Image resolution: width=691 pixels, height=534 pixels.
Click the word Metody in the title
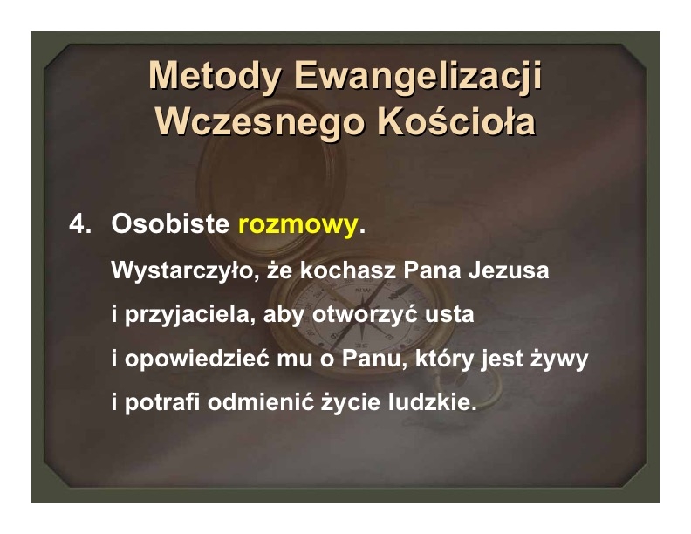[x=215, y=76]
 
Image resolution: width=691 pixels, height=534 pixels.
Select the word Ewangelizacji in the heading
[x=418, y=76]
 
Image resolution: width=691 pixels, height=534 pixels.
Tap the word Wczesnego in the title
[x=260, y=122]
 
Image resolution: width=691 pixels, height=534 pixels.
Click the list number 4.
[x=80, y=224]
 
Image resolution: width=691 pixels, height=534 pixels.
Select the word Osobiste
[x=170, y=223]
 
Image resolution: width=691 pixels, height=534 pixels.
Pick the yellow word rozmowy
[x=298, y=224]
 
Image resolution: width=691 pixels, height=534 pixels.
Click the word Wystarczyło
[x=184, y=270]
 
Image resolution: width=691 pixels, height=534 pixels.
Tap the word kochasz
[x=348, y=270]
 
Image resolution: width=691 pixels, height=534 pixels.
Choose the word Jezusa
[x=509, y=270]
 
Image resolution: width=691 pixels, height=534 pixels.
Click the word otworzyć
[x=365, y=314]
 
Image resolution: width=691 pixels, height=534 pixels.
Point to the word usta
[x=449, y=315]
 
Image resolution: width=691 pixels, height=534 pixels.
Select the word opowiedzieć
[x=196, y=359]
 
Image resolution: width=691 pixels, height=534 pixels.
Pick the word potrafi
[x=162, y=403]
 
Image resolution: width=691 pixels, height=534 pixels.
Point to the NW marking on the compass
[x=363, y=290]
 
